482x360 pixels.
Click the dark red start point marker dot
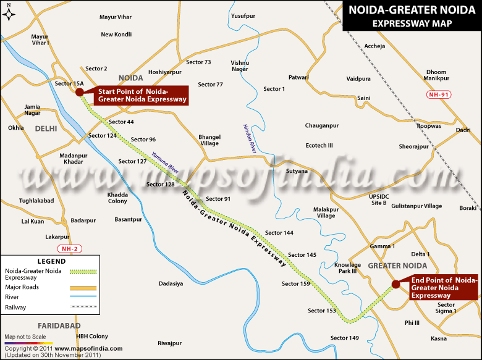(x=80, y=92)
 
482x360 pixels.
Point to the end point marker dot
(x=395, y=284)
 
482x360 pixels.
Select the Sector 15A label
(x=69, y=83)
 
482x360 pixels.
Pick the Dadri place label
(x=463, y=130)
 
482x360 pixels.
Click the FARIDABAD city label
(x=59, y=325)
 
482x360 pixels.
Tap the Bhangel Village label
(x=209, y=140)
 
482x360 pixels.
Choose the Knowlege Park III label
(x=347, y=267)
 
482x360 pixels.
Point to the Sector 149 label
(x=344, y=338)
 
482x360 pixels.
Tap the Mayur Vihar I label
(x=40, y=40)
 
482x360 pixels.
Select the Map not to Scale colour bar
(x=28, y=341)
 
